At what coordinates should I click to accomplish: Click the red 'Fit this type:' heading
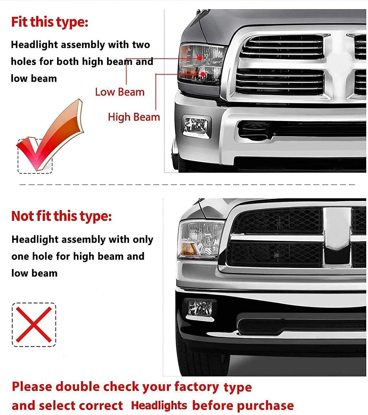[x=50, y=22]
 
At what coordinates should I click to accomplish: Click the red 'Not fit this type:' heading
[x=62, y=216]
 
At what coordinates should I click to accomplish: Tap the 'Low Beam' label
[x=119, y=92]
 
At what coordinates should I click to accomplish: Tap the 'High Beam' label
[x=134, y=117]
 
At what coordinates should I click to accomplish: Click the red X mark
[x=34, y=324]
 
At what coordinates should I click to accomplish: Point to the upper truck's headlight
[x=201, y=63]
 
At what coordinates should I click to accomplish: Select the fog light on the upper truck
[x=196, y=125]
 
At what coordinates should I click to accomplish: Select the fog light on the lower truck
[x=200, y=308]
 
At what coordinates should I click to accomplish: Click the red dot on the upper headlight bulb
[x=200, y=58]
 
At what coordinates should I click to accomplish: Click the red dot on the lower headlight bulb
[x=203, y=74]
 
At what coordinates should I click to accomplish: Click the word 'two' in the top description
[x=141, y=45]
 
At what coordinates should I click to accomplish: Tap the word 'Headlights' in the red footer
[x=159, y=405]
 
